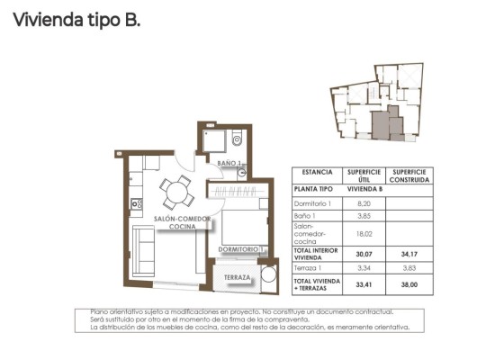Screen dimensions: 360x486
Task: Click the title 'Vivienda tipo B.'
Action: pyautogui.click(x=76, y=19)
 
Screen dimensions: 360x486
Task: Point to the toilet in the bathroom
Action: pyautogui.click(x=237, y=138)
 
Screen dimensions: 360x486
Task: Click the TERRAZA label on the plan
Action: pyautogui.click(x=237, y=279)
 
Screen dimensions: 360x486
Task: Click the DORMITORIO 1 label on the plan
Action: pyautogui.click(x=239, y=249)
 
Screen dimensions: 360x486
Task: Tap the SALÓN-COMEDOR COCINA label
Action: pyautogui.click(x=182, y=222)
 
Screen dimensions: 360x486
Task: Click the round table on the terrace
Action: pyautogui.click(x=266, y=274)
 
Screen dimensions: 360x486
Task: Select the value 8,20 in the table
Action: pyautogui.click(x=364, y=204)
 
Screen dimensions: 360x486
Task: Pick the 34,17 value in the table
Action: pyautogui.click(x=409, y=254)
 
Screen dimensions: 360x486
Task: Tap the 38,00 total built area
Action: pyautogui.click(x=409, y=284)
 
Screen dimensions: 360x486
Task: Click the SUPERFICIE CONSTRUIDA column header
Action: pyautogui.click(x=409, y=175)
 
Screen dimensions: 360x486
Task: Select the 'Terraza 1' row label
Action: pyautogui.click(x=310, y=268)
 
